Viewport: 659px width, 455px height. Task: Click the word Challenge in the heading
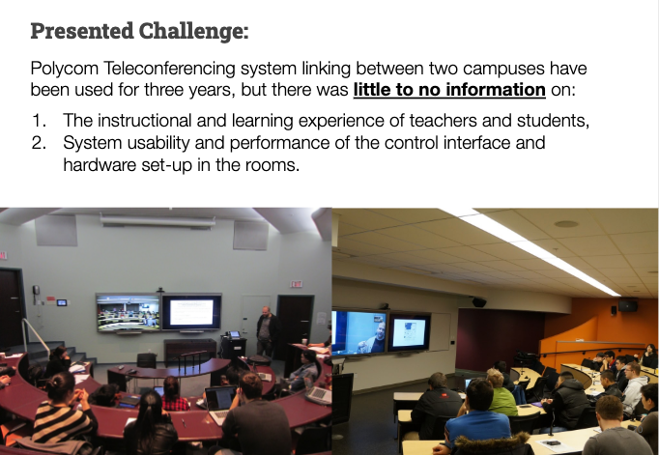click(193, 32)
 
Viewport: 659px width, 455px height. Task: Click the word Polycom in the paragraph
click(65, 69)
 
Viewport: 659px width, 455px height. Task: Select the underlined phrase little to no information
click(449, 90)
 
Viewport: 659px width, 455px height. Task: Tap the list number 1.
click(39, 121)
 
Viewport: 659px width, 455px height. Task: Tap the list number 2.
click(39, 143)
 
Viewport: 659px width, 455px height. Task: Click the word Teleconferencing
click(169, 69)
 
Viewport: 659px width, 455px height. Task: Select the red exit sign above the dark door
click(296, 284)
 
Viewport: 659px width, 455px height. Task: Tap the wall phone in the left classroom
click(37, 294)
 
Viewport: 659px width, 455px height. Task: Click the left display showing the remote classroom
click(129, 312)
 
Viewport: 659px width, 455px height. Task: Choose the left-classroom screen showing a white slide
click(191, 312)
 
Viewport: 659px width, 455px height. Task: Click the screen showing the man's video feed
click(359, 332)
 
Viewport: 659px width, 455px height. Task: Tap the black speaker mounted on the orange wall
click(627, 305)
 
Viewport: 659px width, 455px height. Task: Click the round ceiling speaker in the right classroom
click(566, 224)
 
